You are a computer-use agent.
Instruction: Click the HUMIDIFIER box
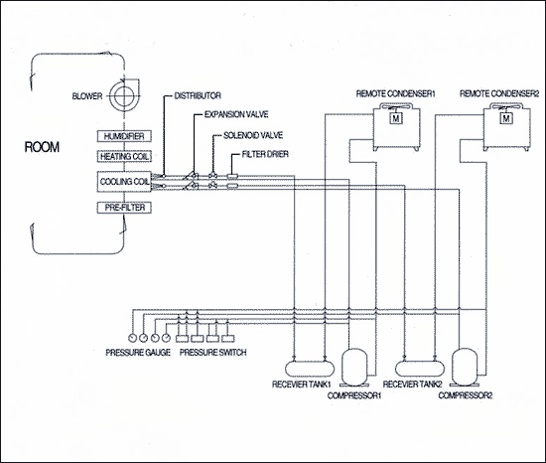pyautogui.click(x=124, y=136)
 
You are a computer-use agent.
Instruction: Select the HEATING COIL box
pyautogui.click(x=124, y=156)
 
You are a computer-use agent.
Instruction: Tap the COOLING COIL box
pyautogui.click(x=124, y=181)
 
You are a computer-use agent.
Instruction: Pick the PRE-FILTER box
pyautogui.click(x=124, y=208)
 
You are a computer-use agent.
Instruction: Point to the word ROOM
pyautogui.click(x=42, y=147)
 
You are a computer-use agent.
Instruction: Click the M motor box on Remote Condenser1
pyautogui.click(x=396, y=118)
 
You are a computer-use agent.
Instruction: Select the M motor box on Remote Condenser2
pyautogui.click(x=506, y=118)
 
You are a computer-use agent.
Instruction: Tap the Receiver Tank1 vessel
pyautogui.click(x=310, y=369)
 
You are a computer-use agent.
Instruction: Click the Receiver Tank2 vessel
pyautogui.click(x=420, y=369)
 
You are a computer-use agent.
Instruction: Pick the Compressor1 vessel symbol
pyautogui.click(x=354, y=368)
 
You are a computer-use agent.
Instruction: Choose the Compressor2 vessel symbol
pyautogui.click(x=465, y=368)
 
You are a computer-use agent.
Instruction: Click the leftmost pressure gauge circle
pyautogui.click(x=132, y=338)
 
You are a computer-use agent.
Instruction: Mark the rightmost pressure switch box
pyautogui.click(x=227, y=338)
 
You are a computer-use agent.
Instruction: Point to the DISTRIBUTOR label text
pyautogui.click(x=198, y=95)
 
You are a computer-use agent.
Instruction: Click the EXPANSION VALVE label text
pyautogui.click(x=236, y=114)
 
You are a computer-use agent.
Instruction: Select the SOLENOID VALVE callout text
pyautogui.click(x=253, y=135)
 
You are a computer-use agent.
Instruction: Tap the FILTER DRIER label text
pyautogui.click(x=265, y=154)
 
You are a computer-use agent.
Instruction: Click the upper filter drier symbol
pyautogui.click(x=232, y=176)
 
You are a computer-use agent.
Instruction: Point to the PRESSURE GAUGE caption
pyautogui.click(x=138, y=353)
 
